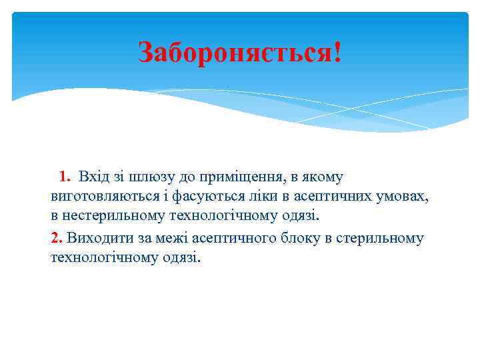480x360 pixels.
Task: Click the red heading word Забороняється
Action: [233, 52]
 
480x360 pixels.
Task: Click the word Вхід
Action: [92, 177]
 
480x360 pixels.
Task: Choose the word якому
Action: [323, 177]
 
